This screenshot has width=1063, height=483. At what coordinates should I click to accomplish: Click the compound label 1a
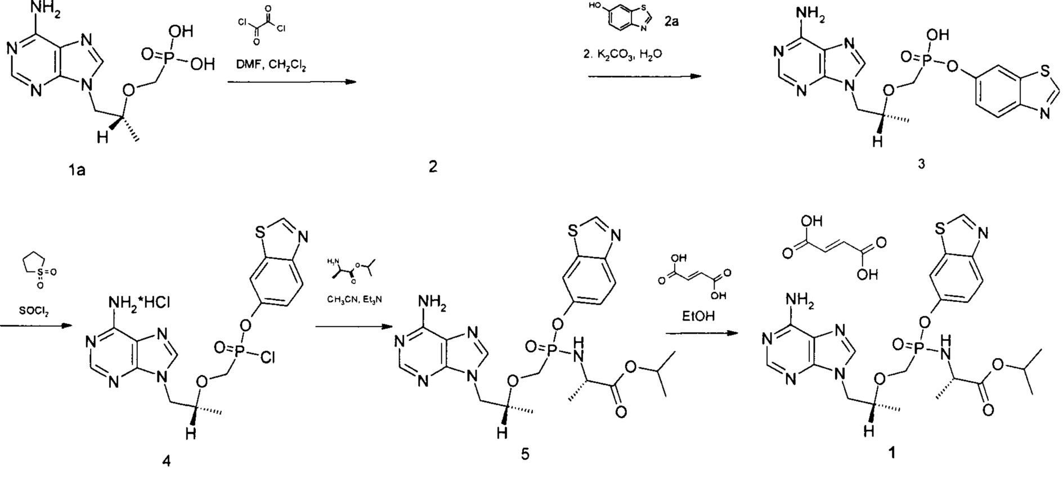[x=77, y=170]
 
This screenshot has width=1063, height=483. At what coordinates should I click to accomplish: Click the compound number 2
[x=432, y=167]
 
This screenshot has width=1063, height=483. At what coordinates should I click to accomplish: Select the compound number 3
[x=921, y=164]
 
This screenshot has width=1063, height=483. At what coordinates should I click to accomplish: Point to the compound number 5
[x=524, y=453]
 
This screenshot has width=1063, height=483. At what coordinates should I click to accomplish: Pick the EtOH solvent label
[x=698, y=315]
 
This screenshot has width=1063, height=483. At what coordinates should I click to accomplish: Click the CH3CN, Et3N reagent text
[x=355, y=300]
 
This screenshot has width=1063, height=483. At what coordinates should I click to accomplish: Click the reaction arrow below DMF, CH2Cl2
[x=293, y=82]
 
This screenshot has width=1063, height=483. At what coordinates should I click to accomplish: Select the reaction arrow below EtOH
[x=701, y=333]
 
